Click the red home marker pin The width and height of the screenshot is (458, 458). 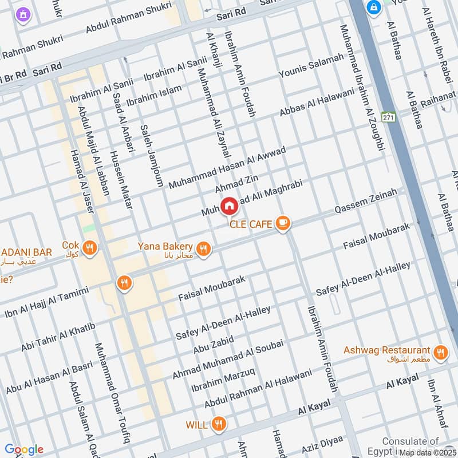(x=229, y=206)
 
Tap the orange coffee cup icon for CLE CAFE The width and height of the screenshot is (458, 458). (x=282, y=224)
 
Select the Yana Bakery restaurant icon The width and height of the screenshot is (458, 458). (x=203, y=249)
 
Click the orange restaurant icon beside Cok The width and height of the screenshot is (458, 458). (x=89, y=248)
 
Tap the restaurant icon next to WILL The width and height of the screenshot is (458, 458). (x=218, y=424)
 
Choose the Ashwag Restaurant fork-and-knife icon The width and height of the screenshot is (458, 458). (x=440, y=353)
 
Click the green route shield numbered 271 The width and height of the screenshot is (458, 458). (x=389, y=117)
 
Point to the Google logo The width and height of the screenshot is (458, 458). (x=24, y=449)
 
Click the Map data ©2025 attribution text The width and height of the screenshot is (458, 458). (x=428, y=452)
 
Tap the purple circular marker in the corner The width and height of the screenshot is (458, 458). (x=23, y=14)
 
